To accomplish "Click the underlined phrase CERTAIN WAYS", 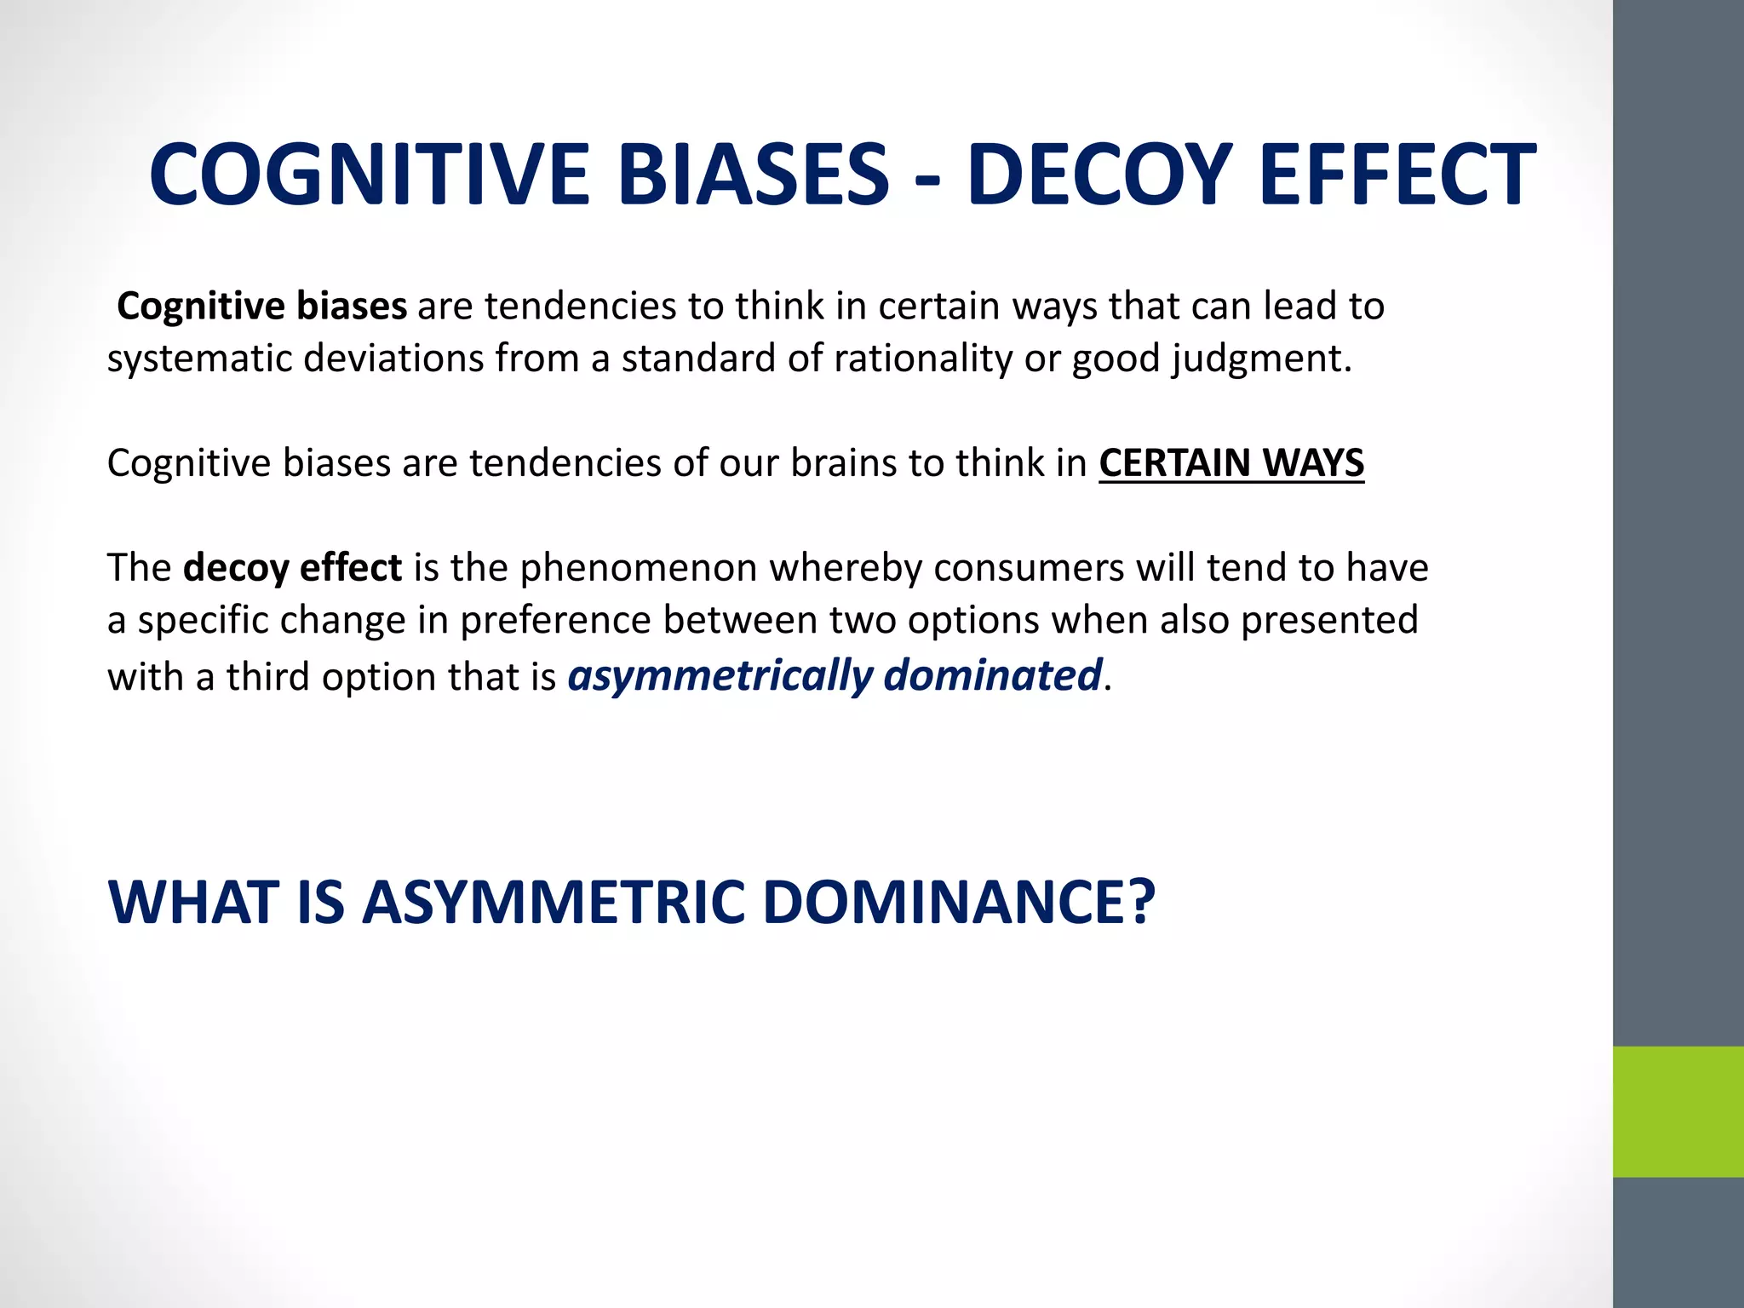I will tap(1231, 463).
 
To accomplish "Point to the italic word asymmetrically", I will tap(720, 676).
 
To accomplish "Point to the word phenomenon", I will tap(639, 569).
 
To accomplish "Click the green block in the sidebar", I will tap(1678, 1111).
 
